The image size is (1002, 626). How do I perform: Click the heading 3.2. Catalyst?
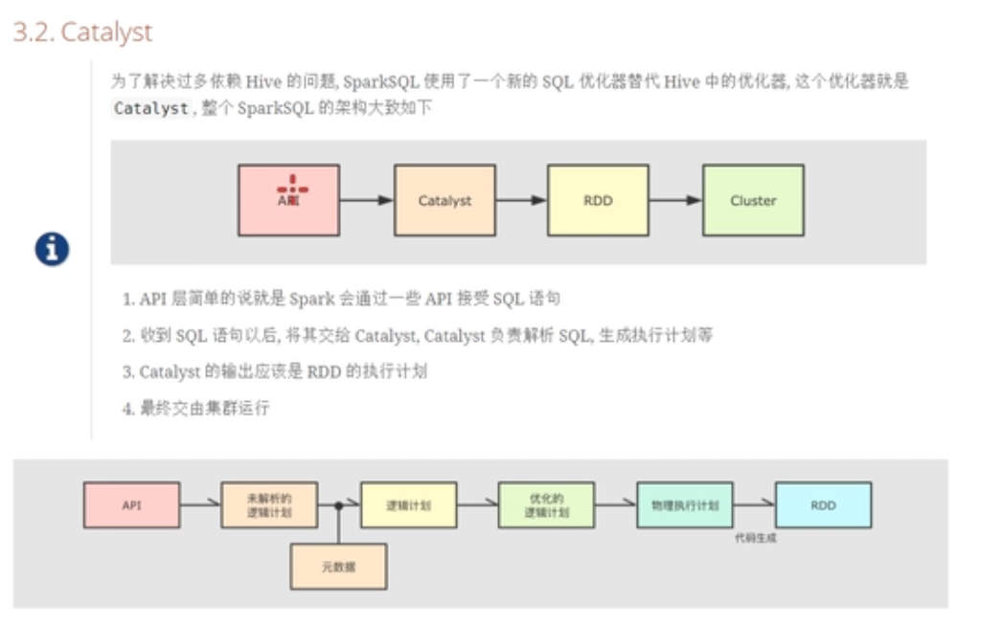82,32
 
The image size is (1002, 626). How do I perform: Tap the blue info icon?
52,249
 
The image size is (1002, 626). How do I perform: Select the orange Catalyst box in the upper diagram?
444,200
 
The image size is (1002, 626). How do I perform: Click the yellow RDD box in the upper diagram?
598,200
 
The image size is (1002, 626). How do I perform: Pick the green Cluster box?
753,200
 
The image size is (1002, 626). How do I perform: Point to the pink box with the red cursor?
288,200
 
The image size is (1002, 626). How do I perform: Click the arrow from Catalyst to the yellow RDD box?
521,200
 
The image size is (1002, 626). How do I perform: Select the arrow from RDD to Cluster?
675,200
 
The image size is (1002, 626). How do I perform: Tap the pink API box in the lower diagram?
131,504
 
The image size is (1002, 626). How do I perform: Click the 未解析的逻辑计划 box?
269,504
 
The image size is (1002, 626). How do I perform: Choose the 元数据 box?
338,567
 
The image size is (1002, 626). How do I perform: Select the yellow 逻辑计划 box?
408,504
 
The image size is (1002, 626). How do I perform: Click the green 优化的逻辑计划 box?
546,504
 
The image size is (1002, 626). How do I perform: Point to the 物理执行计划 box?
685,504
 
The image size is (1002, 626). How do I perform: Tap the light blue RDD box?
823,504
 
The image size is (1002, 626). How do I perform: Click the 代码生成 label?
756,538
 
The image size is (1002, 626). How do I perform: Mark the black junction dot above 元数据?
338,504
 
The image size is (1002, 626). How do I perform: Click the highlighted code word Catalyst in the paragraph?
150,108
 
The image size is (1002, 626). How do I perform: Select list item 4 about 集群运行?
195,408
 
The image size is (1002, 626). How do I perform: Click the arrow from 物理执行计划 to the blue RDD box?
754,504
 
